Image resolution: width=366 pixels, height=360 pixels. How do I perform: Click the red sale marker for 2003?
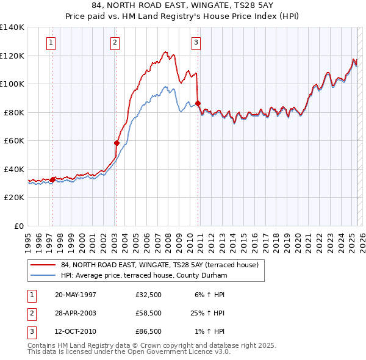pyautogui.click(x=117, y=143)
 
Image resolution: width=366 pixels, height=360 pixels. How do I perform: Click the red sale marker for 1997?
pyautogui.click(x=53, y=179)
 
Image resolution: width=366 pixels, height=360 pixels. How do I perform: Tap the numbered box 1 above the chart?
pyautogui.click(x=50, y=42)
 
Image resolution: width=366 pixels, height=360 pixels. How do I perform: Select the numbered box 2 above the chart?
pyautogui.click(x=115, y=42)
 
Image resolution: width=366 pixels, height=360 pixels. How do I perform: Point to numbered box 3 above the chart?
pyautogui.click(x=196, y=42)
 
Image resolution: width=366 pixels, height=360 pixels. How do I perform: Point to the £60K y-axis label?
pyautogui.click(x=14, y=141)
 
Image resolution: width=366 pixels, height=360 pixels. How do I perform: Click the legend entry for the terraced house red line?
pyautogui.click(x=160, y=265)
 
